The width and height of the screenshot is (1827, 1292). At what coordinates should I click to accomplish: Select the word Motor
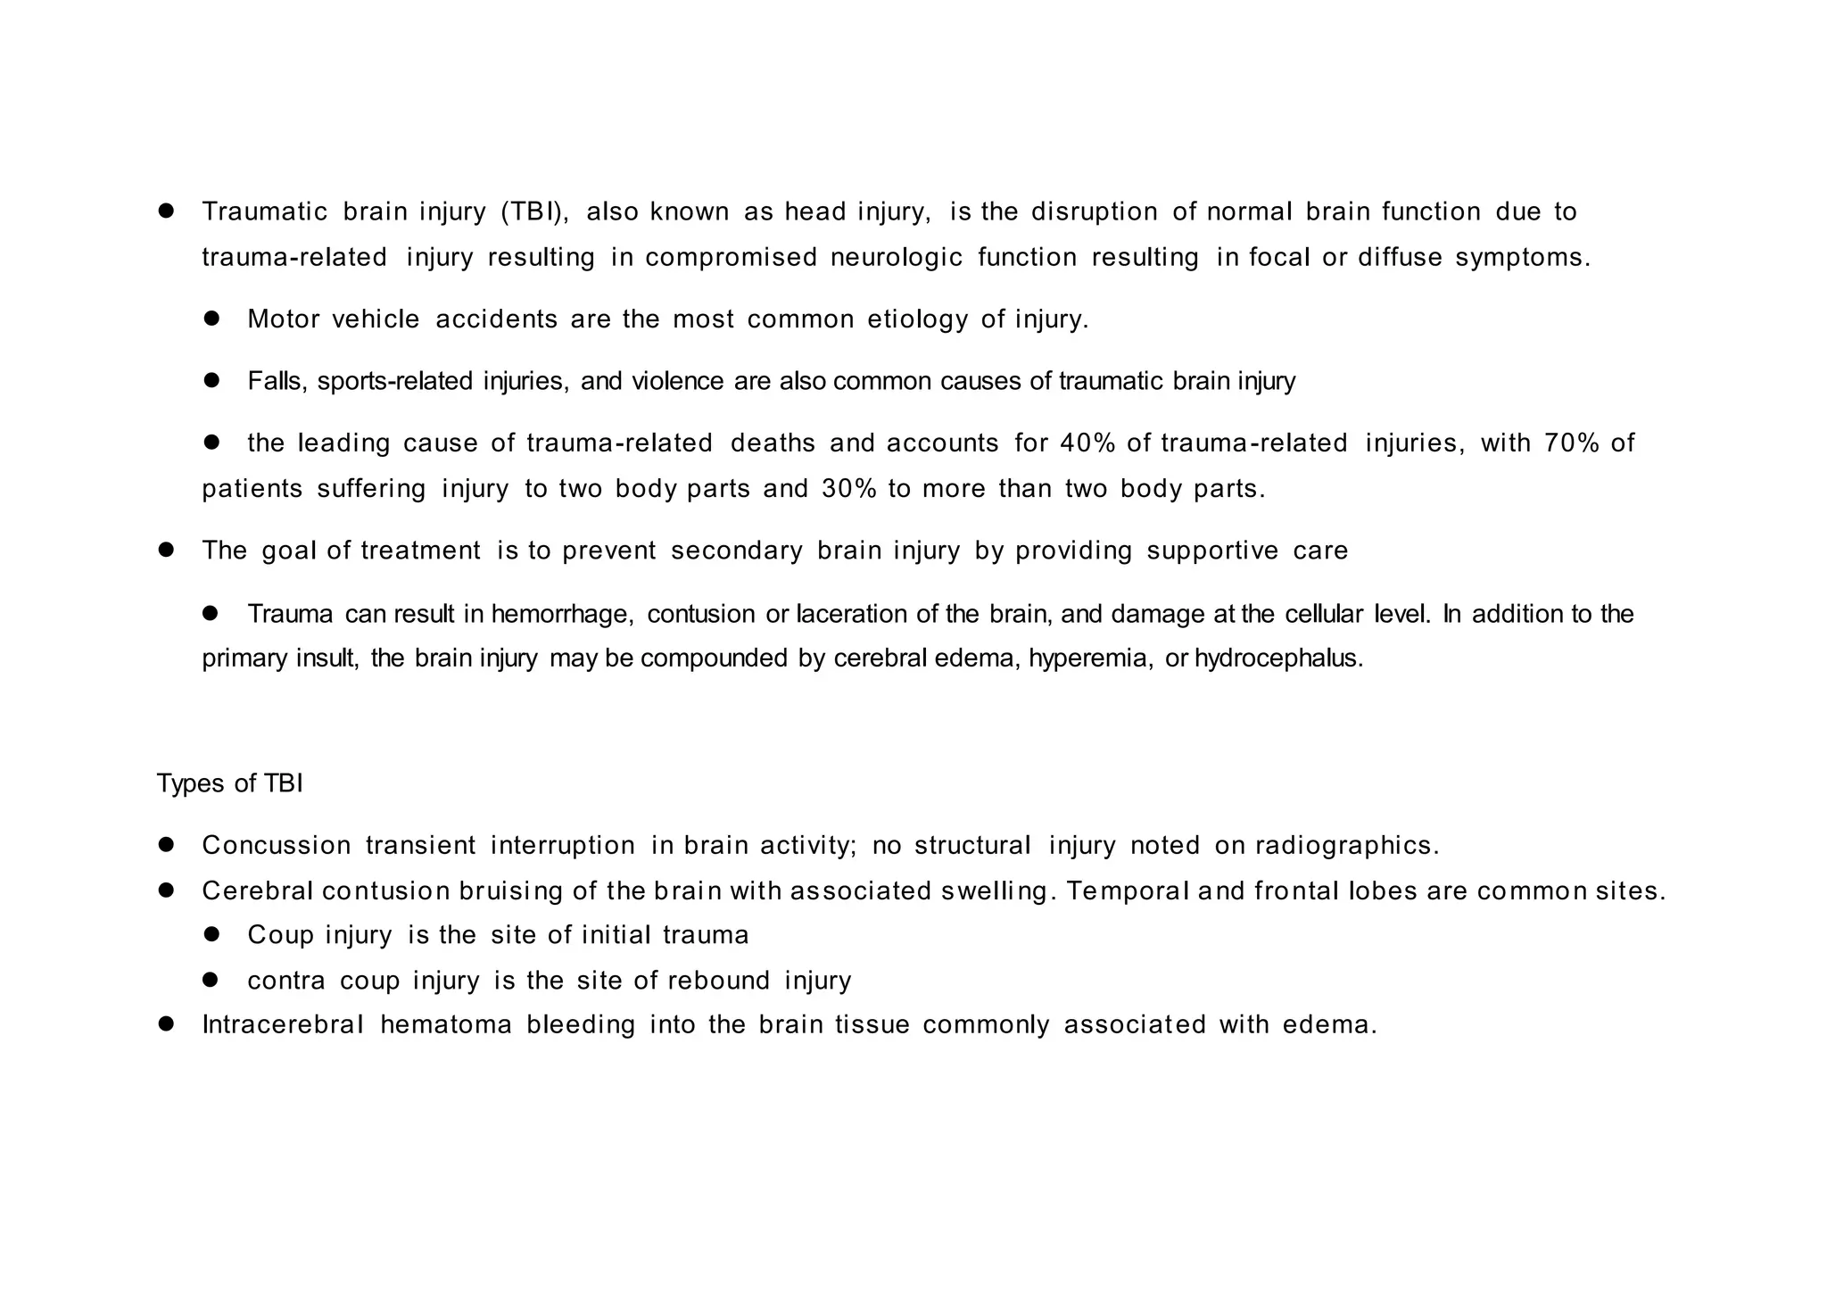tap(283, 319)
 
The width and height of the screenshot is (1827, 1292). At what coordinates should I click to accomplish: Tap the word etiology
tap(917, 319)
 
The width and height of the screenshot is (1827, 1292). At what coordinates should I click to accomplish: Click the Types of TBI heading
tap(230, 783)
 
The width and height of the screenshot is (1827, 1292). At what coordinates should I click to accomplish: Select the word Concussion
tap(277, 846)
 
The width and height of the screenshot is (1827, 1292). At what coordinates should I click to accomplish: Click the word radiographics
tap(1346, 846)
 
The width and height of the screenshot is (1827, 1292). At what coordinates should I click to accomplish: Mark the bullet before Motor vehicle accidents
tap(211, 319)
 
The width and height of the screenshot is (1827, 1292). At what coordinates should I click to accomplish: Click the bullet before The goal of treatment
tap(166, 550)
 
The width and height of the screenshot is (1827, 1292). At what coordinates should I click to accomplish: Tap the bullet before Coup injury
tap(211, 934)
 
